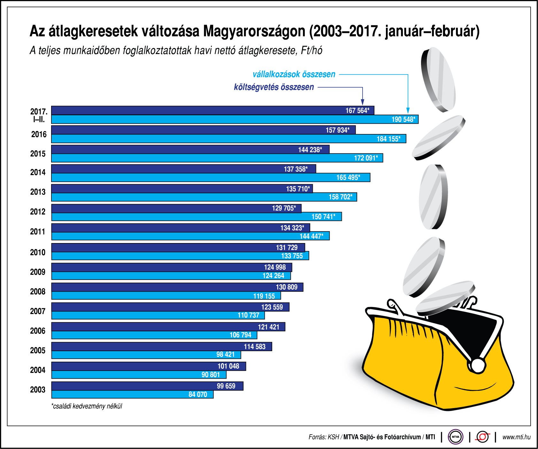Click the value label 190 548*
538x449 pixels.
(x=403, y=120)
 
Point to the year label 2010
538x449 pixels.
(x=38, y=252)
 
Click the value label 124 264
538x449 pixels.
(x=273, y=276)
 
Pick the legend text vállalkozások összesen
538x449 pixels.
(x=294, y=75)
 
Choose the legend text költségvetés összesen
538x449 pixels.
(x=274, y=87)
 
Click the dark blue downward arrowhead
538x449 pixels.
(x=362, y=102)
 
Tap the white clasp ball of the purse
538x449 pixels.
(x=478, y=365)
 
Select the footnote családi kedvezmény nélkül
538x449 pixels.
(x=87, y=406)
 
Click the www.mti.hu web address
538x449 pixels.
(x=516, y=437)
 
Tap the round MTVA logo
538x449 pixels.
(x=455, y=437)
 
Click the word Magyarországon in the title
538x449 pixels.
(x=254, y=31)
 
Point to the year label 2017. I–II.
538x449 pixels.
(x=39, y=115)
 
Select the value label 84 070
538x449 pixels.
(x=197, y=394)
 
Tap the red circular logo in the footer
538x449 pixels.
(x=482, y=437)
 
